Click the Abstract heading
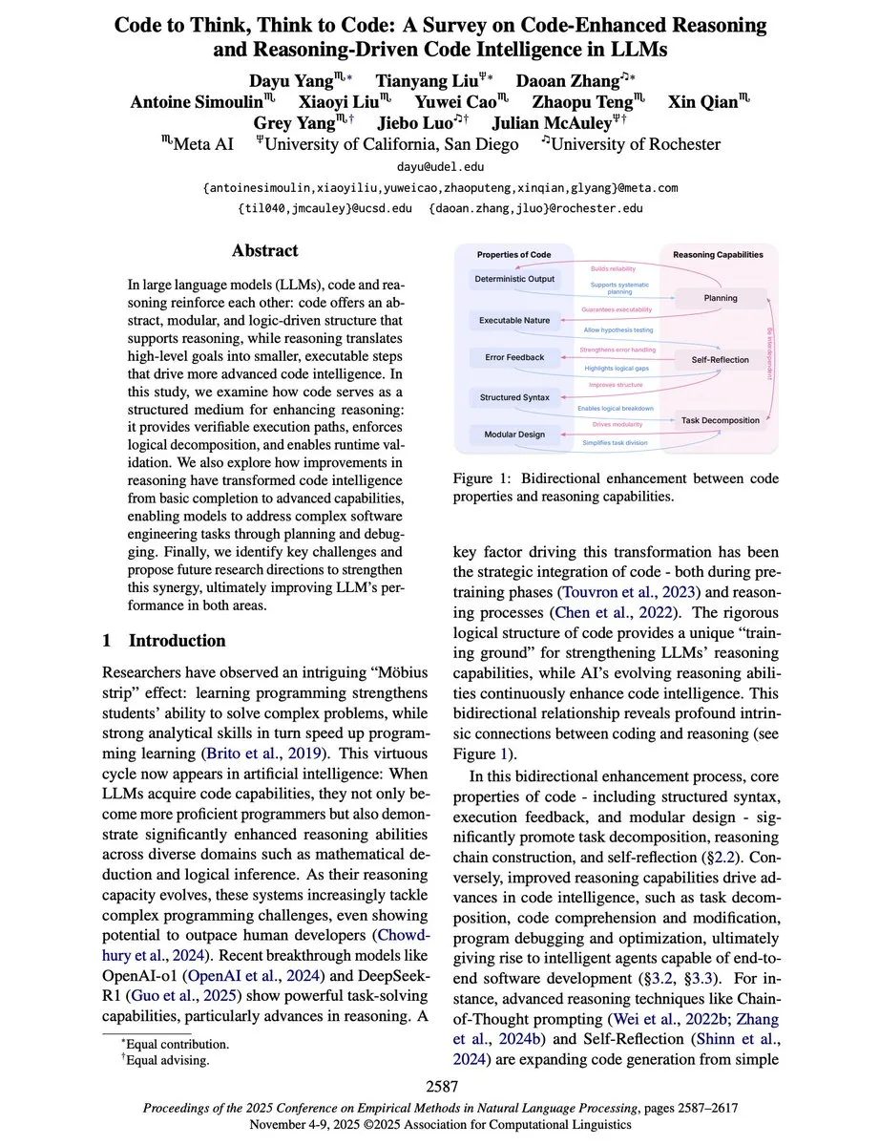[x=264, y=251]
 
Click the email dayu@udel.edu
[x=440, y=167]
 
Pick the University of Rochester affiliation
[x=630, y=144]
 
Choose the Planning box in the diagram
[x=720, y=298]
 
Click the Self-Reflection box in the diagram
[x=720, y=360]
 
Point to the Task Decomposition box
[x=720, y=419]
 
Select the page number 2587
[x=440, y=1086]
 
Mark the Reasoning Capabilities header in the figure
[x=718, y=255]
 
